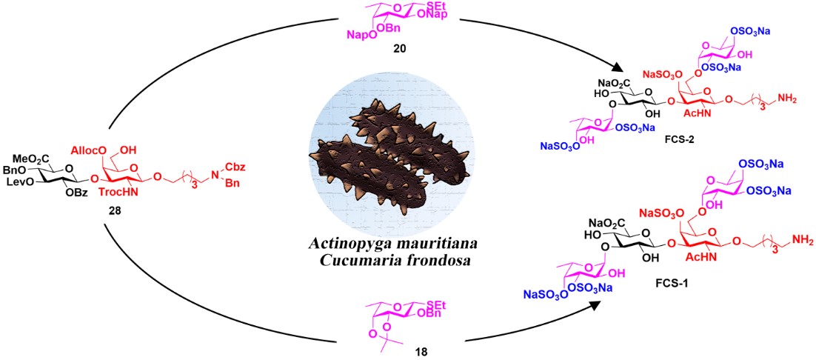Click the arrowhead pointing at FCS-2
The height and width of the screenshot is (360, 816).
coord(616,67)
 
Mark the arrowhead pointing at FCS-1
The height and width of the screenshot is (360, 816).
coord(592,308)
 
